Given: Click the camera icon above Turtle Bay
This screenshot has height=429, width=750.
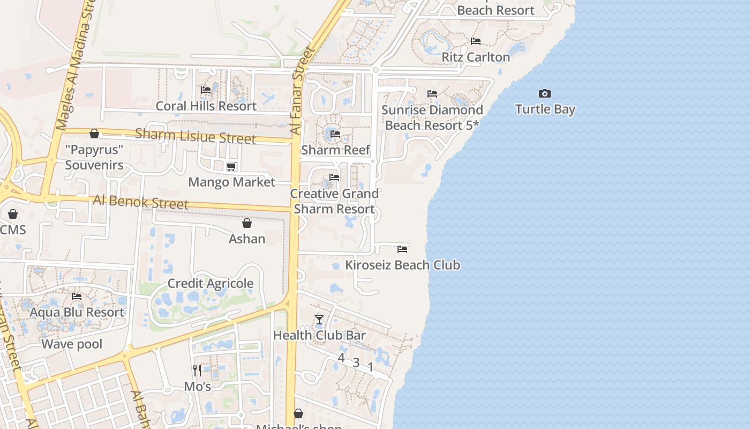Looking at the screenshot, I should click(x=545, y=94).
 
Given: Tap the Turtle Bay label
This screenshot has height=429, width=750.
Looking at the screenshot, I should click(x=545, y=109).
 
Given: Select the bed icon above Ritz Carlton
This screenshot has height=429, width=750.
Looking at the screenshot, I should click(x=475, y=41).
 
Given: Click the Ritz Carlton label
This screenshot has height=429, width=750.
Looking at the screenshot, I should click(x=475, y=57).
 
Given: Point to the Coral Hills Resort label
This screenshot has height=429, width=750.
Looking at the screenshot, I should click(x=206, y=106).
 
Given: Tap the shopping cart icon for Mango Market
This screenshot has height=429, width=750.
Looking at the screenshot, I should click(x=231, y=167).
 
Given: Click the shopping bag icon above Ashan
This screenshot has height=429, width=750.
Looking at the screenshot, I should click(x=247, y=223).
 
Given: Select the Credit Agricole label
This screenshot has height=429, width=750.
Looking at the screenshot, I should click(x=211, y=284).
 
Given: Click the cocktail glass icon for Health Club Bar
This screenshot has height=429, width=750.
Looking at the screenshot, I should click(x=319, y=320).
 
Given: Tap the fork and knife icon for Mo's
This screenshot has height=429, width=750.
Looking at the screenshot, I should click(x=197, y=370).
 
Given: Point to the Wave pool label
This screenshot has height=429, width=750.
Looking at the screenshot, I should click(x=72, y=344).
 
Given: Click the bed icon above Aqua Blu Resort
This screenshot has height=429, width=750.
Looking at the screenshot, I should click(x=77, y=297).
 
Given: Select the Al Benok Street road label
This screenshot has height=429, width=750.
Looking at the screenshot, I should click(x=140, y=202).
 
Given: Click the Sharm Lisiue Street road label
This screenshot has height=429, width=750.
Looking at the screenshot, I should click(x=195, y=136).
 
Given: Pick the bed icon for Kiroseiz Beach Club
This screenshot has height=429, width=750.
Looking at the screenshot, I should click(x=402, y=249).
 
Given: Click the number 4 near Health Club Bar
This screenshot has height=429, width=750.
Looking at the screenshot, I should click(x=341, y=358).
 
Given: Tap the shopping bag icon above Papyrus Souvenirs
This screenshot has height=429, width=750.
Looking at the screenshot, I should click(x=94, y=134).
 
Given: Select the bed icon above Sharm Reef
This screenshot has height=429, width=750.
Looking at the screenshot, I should click(x=335, y=134).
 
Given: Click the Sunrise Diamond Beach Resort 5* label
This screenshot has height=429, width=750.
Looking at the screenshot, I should click(x=432, y=117).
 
